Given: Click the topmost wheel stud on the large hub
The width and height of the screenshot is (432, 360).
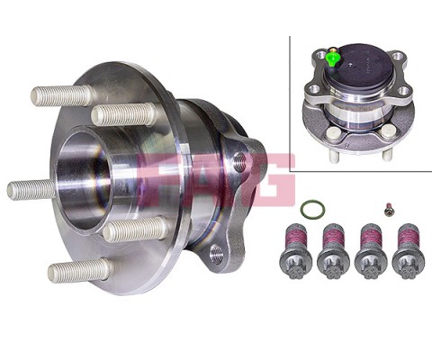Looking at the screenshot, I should coord(61,94).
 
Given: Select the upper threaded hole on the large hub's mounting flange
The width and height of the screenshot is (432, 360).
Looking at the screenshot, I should coord(239,162).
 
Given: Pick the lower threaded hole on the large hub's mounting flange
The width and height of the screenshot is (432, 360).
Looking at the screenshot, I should coord(216,254).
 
